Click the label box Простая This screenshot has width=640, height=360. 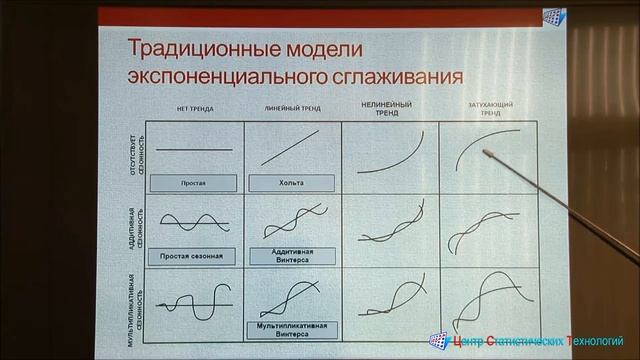(x=193, y=183)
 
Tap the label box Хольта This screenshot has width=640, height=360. (x=291, y=183)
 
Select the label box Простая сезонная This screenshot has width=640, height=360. (x=191, y=256)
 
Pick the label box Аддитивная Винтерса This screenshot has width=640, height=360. (x=291, y=256)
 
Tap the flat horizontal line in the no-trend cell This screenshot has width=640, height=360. (x=196, y=150)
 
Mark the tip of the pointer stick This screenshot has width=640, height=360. (x=487, y=151)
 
